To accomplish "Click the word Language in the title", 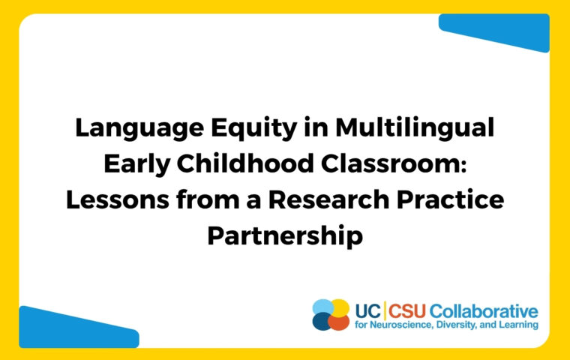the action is coord(139,129).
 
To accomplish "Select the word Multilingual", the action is coord(415,128).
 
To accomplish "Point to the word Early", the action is coord(137,164).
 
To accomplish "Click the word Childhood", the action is coord(245,163).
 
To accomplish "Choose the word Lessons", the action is coord(118,199).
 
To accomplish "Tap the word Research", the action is coord(329,199).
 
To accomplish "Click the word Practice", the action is coord(451,199).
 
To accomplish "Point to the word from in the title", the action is coord(208,199).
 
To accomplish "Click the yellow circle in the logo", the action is coord(340,307).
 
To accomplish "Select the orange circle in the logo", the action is coord(338,322).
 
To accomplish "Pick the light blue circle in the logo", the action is coord(322,307).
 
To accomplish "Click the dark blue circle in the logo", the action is coord(322,322).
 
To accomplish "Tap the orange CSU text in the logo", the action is coord(406,311).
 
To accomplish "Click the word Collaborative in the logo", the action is coord(484,311).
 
